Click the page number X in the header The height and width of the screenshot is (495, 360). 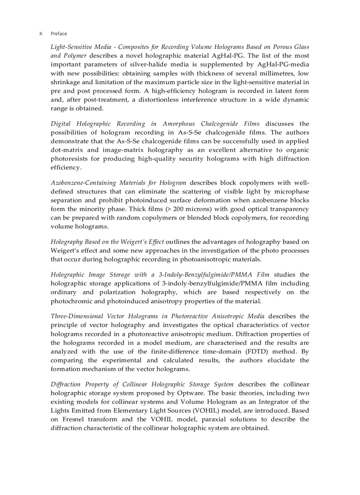41,33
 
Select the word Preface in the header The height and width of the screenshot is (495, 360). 59,33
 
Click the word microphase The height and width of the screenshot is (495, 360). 292,192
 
